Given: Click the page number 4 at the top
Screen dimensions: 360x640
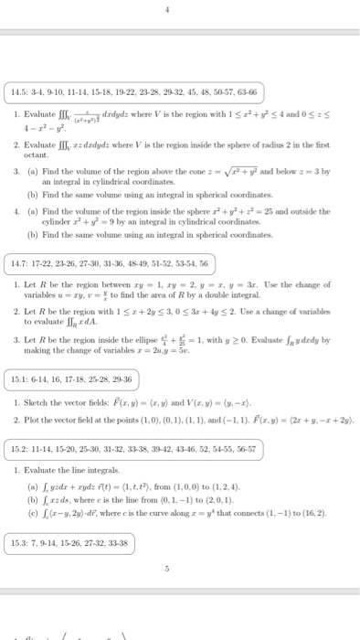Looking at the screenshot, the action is tap(180, 11).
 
